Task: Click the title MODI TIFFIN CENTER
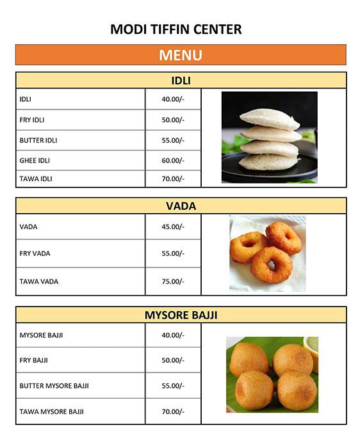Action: [x=176, y=29]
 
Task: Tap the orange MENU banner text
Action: [x=180, y=55]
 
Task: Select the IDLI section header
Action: [x=181, y=81]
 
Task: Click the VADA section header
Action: [x=181, y=206]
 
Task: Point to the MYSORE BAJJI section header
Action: [x=181, y=315]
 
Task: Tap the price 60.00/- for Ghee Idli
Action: [x=173, y=161]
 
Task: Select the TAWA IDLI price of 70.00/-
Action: [x=173, y=179]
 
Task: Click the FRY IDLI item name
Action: [x=32, y=120]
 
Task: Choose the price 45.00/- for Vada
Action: [x=173, y=227]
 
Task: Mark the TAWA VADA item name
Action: [x=39, y=282]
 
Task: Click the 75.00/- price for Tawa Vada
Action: [x=173, y=282]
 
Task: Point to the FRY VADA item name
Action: [x=35, y=253]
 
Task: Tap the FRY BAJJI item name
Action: [x=34, y=360]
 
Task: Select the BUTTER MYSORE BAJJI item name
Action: [x=54, y=386]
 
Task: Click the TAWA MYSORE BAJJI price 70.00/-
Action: [x=173, y=412]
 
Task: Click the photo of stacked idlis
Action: [x=269, y=137]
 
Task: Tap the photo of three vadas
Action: [x=267, y=253]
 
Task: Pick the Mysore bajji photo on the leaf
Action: [x=272, y=374]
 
